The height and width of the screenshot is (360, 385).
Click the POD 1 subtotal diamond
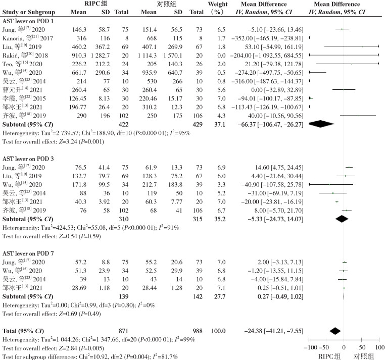tap(321, 124)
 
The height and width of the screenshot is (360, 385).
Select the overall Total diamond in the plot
tap(335, 331)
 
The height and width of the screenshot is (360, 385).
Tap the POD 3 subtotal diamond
tap(342, 219)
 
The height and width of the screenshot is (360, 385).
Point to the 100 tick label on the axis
tap(379, 347)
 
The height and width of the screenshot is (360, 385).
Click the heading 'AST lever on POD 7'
tap(28, 253)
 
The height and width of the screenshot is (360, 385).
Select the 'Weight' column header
tap(218, 4)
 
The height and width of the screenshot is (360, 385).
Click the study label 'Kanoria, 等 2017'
tap(27, 38)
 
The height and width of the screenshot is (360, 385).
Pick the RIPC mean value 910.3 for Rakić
tap(79, 56)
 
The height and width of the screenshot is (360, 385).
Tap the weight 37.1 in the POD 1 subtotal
tap(219, 124)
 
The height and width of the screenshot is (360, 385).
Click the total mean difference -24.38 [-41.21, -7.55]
tap(274, 331)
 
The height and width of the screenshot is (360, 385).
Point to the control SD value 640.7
tap(175, 73)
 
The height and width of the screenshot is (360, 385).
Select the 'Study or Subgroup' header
tap(29, 12)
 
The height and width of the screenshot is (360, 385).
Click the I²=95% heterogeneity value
tap(180, 133)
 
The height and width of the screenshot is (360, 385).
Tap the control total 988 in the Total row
tap(198, 331)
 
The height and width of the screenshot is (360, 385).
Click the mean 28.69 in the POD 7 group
tap(79, 288)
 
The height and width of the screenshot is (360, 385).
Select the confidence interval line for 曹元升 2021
tap(344, 89)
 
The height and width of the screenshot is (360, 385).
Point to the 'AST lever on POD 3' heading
tap(28, 159)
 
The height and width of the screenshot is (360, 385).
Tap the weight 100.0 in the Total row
tap(218, 331)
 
